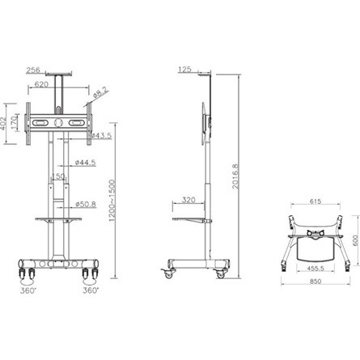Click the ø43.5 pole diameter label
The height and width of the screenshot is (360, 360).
[x=101, y=136]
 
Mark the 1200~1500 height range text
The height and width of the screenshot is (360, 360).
[x=120, y=203]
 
